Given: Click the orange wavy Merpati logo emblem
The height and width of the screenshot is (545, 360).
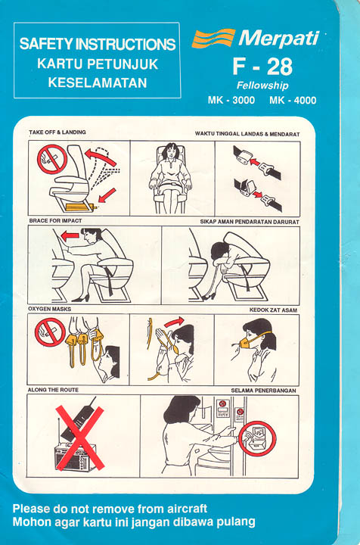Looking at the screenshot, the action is (213, 38).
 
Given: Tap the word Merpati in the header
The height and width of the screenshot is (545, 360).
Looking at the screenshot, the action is (278, 39).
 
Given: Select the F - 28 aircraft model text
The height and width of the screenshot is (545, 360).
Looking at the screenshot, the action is (262, 67).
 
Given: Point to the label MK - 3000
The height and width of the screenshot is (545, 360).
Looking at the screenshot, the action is (231, 101).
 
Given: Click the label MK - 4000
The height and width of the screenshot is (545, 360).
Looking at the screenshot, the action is (293, 101).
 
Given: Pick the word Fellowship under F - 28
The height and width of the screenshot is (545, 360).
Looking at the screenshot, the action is (262, 86).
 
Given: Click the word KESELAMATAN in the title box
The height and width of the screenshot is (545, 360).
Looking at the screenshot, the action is (98, 83).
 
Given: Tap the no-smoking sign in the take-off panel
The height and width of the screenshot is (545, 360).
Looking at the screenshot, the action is (52, 159).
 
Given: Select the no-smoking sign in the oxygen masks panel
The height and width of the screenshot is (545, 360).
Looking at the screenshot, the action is (50, 332).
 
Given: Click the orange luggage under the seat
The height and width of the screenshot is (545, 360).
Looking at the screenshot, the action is (80, 207).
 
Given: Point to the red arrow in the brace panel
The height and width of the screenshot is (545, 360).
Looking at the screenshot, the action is (70, 236).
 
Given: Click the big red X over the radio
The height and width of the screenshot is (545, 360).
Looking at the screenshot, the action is (80, 438).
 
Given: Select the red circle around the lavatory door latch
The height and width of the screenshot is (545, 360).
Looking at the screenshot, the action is (258, 438).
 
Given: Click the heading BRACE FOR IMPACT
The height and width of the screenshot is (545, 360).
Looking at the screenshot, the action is (55, 221).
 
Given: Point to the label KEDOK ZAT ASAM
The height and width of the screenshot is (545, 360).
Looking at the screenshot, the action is (273, 310).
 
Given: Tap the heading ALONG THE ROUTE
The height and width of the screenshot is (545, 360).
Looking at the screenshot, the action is (53, 390).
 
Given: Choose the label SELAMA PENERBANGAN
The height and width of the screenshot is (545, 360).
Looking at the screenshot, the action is (263, 391).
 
